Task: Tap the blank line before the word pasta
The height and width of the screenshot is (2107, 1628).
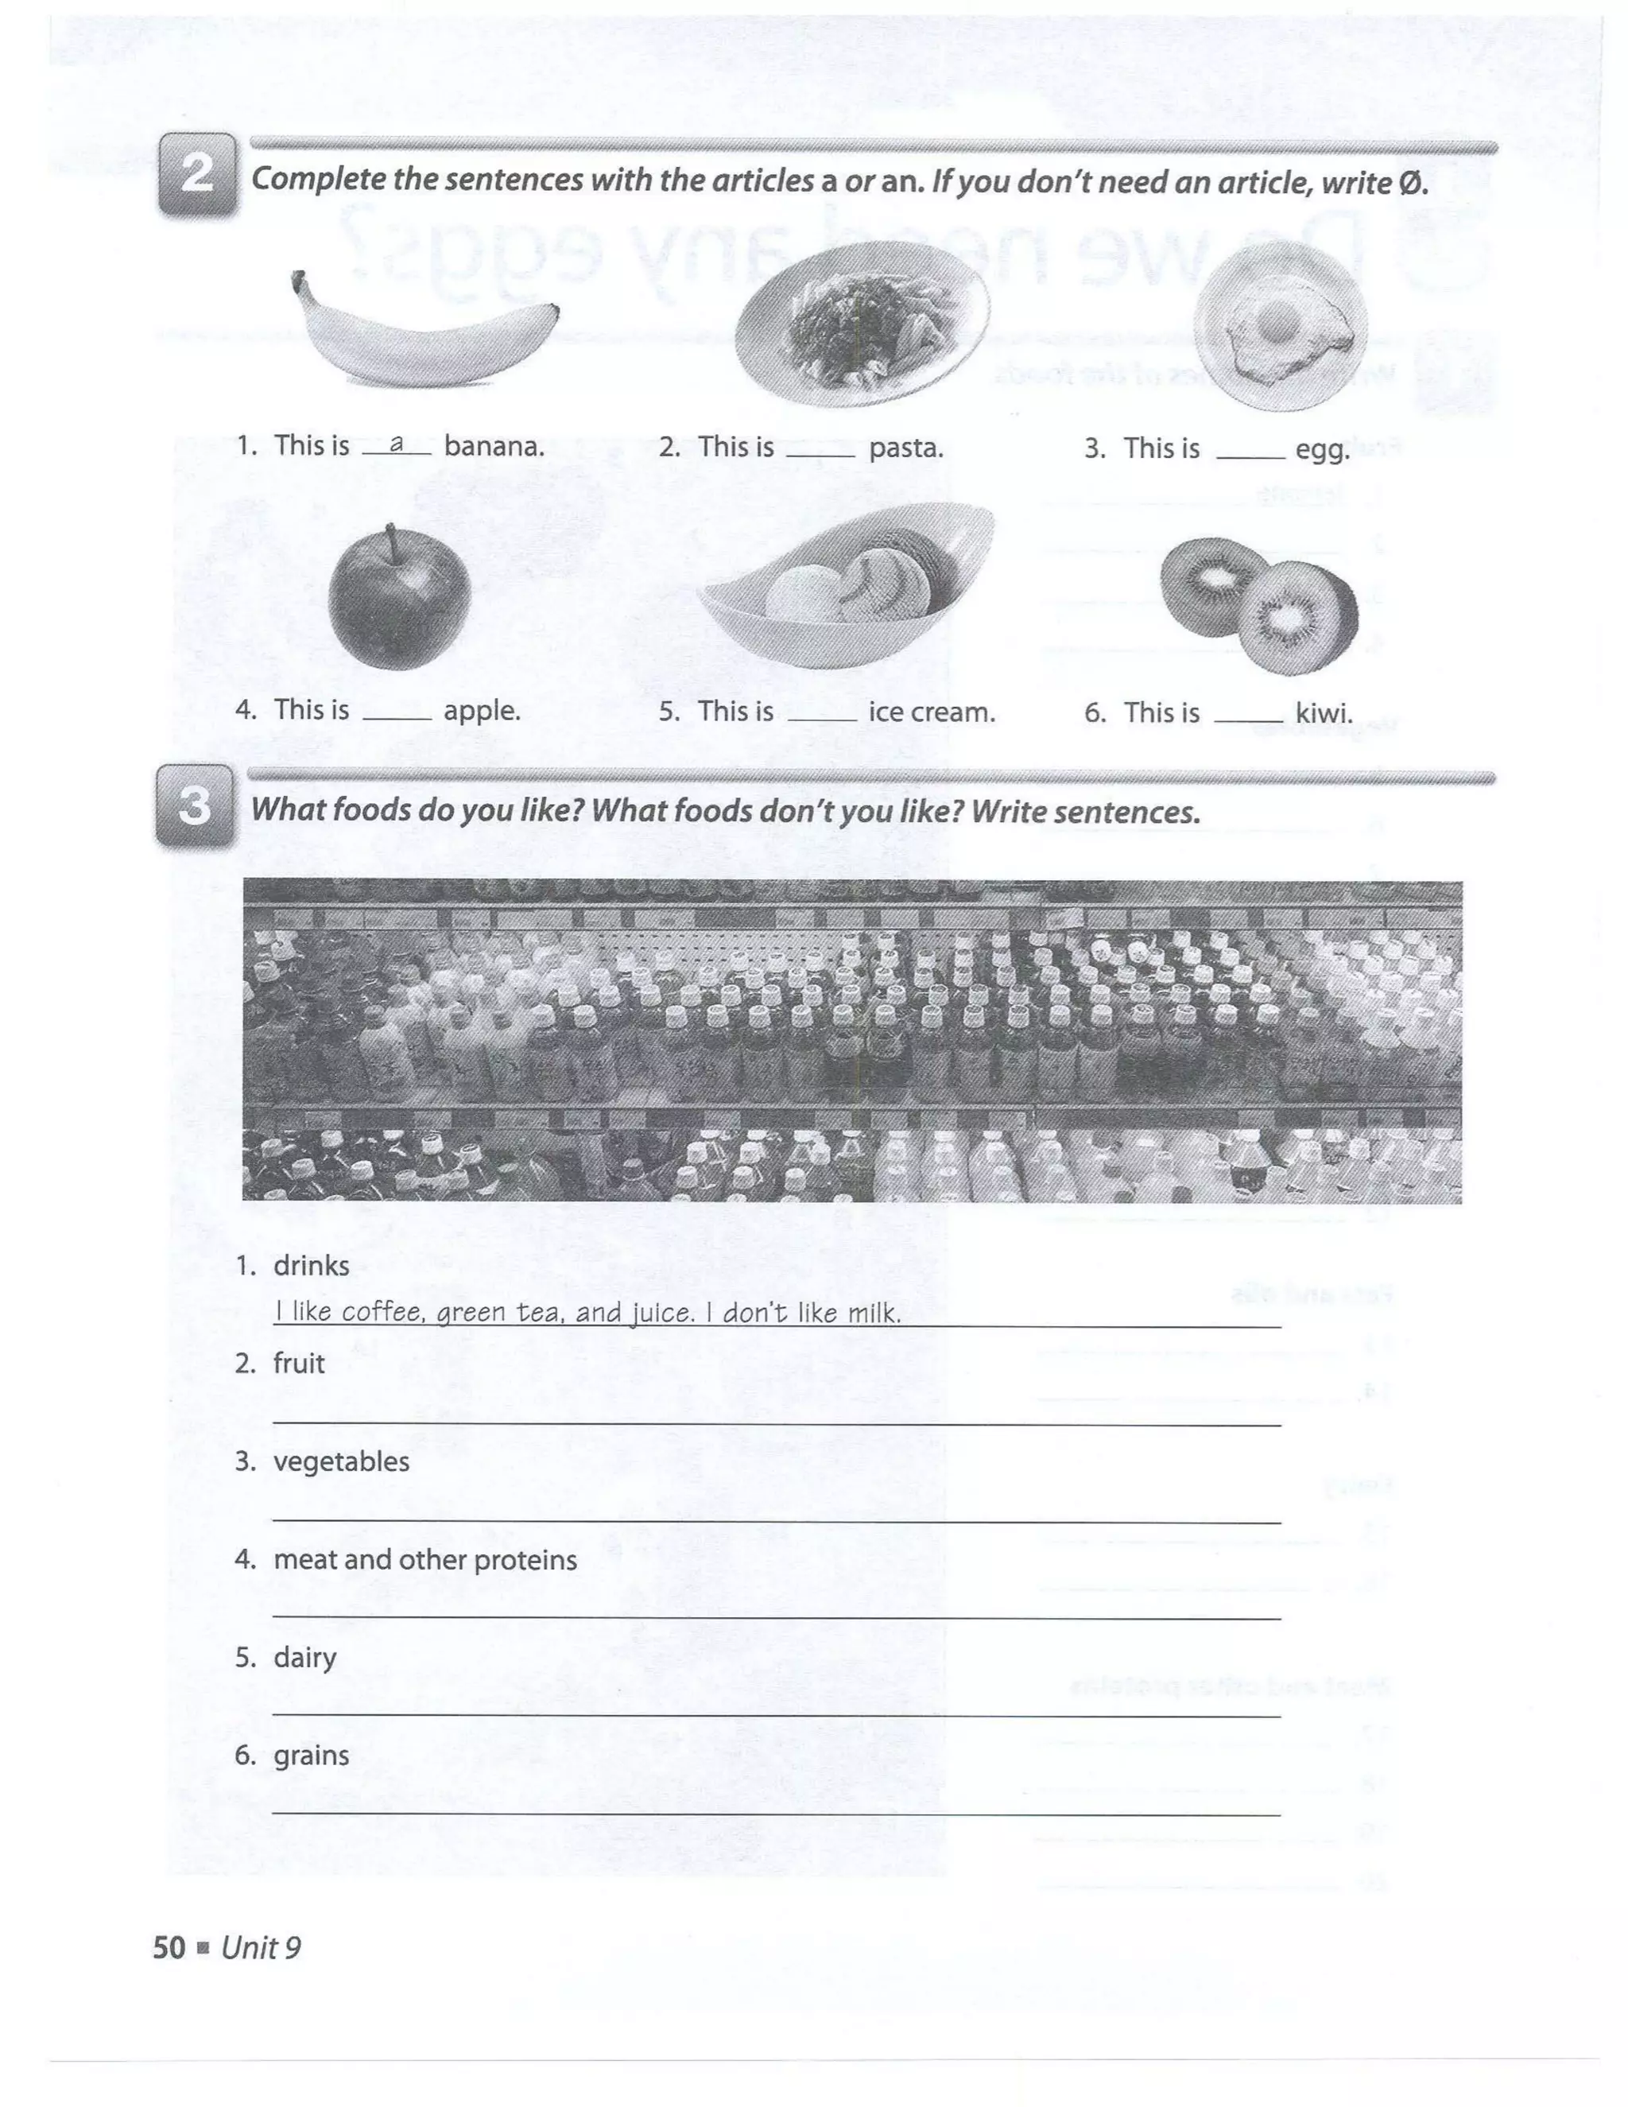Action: point(820,453)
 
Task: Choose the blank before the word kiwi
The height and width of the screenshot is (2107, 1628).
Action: point(1248,720)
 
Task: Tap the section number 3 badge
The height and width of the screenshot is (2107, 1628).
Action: point(195,805)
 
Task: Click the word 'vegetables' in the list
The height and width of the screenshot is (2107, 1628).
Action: point(341,1461)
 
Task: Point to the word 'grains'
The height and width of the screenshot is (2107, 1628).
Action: point(311,1755)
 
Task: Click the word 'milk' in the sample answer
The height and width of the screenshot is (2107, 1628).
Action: point(873,1313)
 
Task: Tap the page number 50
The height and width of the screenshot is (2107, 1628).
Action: point(169,1948)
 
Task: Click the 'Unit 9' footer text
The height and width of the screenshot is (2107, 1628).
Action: point(261,1948)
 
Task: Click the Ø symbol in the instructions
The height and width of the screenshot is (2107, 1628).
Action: point(1410,182)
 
